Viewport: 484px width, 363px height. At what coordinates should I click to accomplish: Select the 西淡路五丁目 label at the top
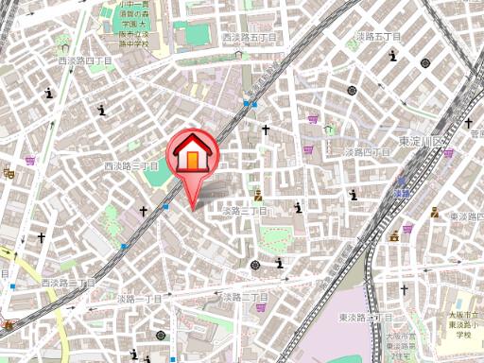pyautogui.click(x=250, y=38)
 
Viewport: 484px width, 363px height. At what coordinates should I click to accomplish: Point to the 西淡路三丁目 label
pyautogui.click(x=130, y=165)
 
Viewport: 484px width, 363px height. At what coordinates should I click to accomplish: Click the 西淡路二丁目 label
pyautogui.click(x=67, y=283)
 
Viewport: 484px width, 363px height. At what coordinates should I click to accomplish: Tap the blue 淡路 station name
pyautogui.click(x=402, y=193)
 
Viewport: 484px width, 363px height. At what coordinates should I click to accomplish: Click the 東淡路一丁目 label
pyautogui.click(x=359, y=317)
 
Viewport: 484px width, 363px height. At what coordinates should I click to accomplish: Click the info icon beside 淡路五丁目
pyautogui.click(x=391, y=55)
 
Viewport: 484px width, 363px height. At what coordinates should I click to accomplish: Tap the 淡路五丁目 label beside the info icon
pyautogui.click(x=378, y=36)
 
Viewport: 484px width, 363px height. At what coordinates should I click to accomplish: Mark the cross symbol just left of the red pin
pyautogui.click(x=144, y=212)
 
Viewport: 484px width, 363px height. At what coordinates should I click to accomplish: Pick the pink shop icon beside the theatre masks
pyautogui.click(x=30, y=161)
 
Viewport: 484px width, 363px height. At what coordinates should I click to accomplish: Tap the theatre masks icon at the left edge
pyautogui.click(x=8, y=172)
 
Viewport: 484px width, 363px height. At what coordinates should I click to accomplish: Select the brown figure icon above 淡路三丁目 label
pyautogui.click(x=258, y=196)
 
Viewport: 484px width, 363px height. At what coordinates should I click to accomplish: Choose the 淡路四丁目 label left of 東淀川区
pyautogui.click(x=367, y=151)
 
